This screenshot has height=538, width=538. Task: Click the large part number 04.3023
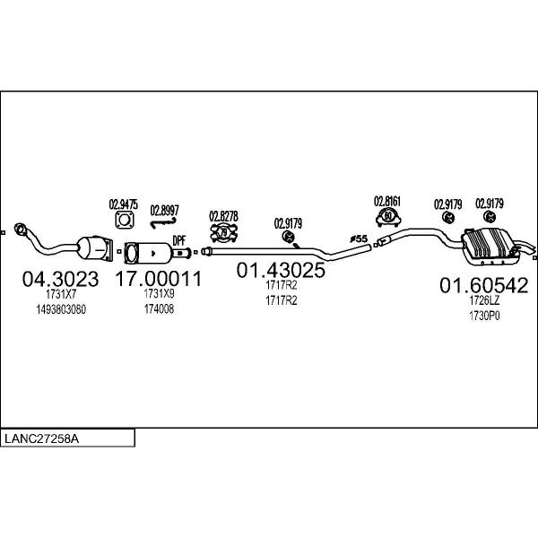tap(60, 279)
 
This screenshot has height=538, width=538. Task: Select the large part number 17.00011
tap(159, 278)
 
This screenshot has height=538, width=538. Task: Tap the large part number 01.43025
tap(281, 270)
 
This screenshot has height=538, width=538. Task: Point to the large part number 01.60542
tap(484, 285)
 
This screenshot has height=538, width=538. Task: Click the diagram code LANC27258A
tap(41, 438)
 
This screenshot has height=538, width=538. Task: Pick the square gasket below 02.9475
tap(125, 220)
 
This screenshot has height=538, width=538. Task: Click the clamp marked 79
tap(223, 232)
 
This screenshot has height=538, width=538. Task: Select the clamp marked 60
tap(388, 217)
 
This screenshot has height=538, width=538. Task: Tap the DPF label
tap(178, 240)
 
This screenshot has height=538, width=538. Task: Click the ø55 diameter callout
tap(359, 239)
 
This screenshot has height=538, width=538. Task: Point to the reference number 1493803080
tap(61, 309)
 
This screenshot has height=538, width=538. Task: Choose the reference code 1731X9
tap(159, 294)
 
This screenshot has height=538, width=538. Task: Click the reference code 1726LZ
tap(484, 300)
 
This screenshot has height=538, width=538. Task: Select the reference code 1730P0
tap(484, 316)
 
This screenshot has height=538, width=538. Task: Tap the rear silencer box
tap(489, 247)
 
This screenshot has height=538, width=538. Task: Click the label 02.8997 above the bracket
tap(165, 211)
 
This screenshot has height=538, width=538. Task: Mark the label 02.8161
tap(387, 202)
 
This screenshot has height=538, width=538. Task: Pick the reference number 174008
tap(159, 309)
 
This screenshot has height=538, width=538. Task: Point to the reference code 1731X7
tap(61, 294)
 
